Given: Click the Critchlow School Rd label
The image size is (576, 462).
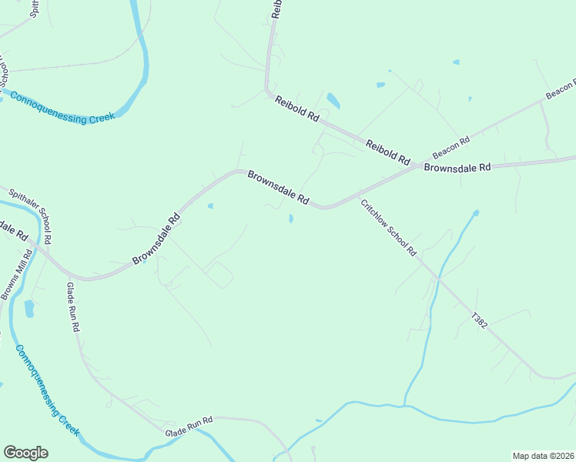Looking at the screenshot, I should [x=388, y=228].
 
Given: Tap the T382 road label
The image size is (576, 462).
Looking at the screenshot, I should [x=480, y=321].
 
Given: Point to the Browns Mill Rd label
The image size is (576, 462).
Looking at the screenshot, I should [x=16, y=274].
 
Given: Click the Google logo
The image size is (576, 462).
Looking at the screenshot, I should [x=25, y=453].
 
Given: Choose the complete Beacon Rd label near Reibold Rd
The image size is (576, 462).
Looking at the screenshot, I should [x=450, y=147].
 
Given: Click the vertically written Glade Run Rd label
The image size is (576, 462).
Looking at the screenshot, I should [x=73, y=306].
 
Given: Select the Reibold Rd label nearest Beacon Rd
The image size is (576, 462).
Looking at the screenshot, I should [x=387, y=152].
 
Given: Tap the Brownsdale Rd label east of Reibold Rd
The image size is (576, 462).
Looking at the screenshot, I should [x=457, y=167].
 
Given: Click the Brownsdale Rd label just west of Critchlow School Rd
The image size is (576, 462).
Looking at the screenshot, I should [x=278, y=187].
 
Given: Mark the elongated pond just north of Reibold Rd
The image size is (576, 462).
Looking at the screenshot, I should [x=333, y=101].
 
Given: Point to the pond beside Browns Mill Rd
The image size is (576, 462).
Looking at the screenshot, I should [x=29, y=309].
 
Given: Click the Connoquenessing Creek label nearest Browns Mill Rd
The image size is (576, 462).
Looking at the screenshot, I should [x=47, y=390].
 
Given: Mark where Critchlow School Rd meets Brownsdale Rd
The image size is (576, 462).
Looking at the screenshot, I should [x=355, y=197].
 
